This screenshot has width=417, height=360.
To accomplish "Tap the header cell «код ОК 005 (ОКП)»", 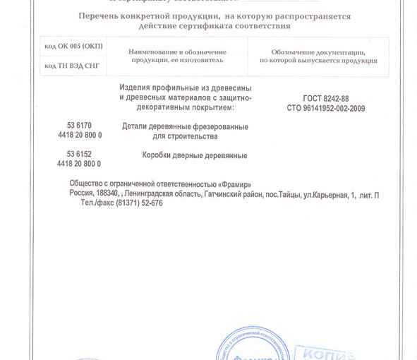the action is tap(73, 47).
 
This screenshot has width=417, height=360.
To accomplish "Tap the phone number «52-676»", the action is tap(151, 203).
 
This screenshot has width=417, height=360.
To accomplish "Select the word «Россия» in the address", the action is tap(81, 194).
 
